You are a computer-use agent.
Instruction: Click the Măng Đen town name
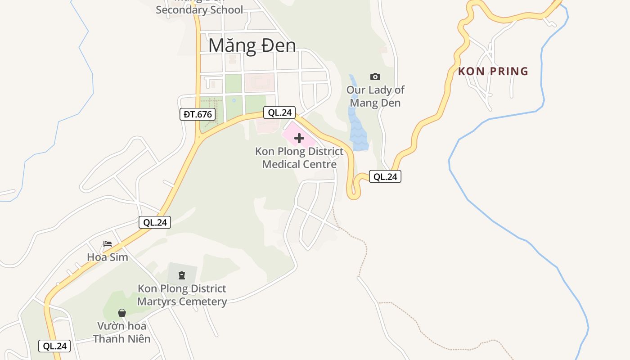pyautogui.click(x=252, y=45)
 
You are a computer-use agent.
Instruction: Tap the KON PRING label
pyautogui.click(x=493, y=71)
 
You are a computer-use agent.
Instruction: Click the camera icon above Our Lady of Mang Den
pyautogui.click(x=375, y=76)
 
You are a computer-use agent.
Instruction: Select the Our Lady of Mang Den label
pyautogui.click(x=375, y=96)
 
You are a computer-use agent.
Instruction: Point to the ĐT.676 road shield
pyautogui.click(x=198, y=114)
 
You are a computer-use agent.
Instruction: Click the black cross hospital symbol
pyautogui.click(x=299, y=138)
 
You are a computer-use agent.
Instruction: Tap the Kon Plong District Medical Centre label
pyautogui.click(x=299, y=158)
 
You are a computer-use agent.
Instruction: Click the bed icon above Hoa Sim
pyautogui.click(x=108, y=244)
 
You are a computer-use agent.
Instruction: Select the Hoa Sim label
pyautogui.click(x=108, y=257)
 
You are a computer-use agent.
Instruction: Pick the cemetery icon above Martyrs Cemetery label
pyautogui.click(x=182, y=274)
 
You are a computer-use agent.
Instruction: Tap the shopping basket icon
pyautogui.click(x=122, y=312)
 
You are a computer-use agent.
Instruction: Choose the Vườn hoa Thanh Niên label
pyautogui.click(x=122, y=332)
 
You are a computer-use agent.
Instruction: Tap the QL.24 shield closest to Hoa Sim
pyautogui.click(x=155, y=222)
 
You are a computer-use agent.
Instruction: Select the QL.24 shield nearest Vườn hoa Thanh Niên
pyautogui.click(x=55, y=346)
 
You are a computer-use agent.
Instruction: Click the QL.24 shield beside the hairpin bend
pyautogui.click(x=385, y=176)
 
